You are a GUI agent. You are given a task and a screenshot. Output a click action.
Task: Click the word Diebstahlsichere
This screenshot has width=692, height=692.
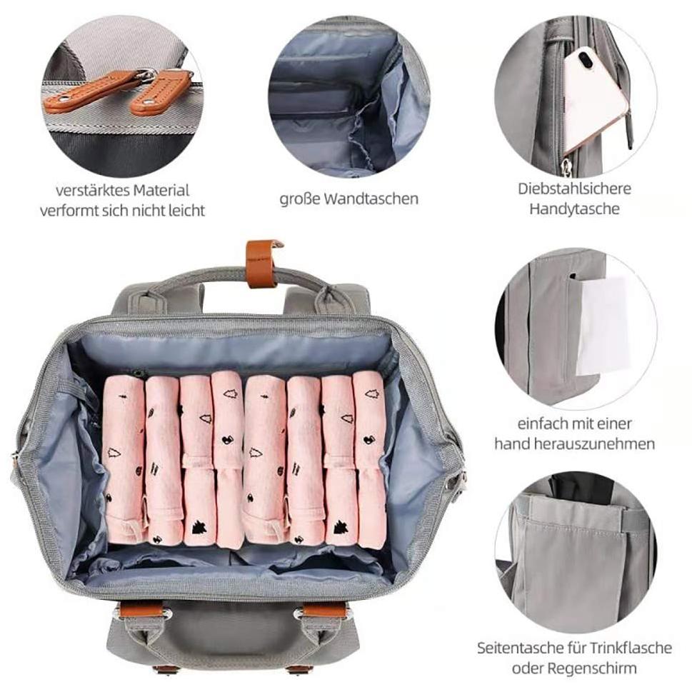pyautogui.click(x=574, y=190)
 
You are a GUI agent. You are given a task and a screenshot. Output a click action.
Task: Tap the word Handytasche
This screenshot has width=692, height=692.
pyautogui.click(x=574, y=209)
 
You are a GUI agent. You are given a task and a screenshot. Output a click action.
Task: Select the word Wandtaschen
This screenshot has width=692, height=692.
pyautogui.click(x=371, y=199)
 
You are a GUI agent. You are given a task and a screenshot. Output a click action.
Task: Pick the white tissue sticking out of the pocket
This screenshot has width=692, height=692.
pyautogui.click(x=603, y=325)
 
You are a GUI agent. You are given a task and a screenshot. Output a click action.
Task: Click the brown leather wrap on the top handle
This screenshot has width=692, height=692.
pyautogui.click(x=261, y=264)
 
